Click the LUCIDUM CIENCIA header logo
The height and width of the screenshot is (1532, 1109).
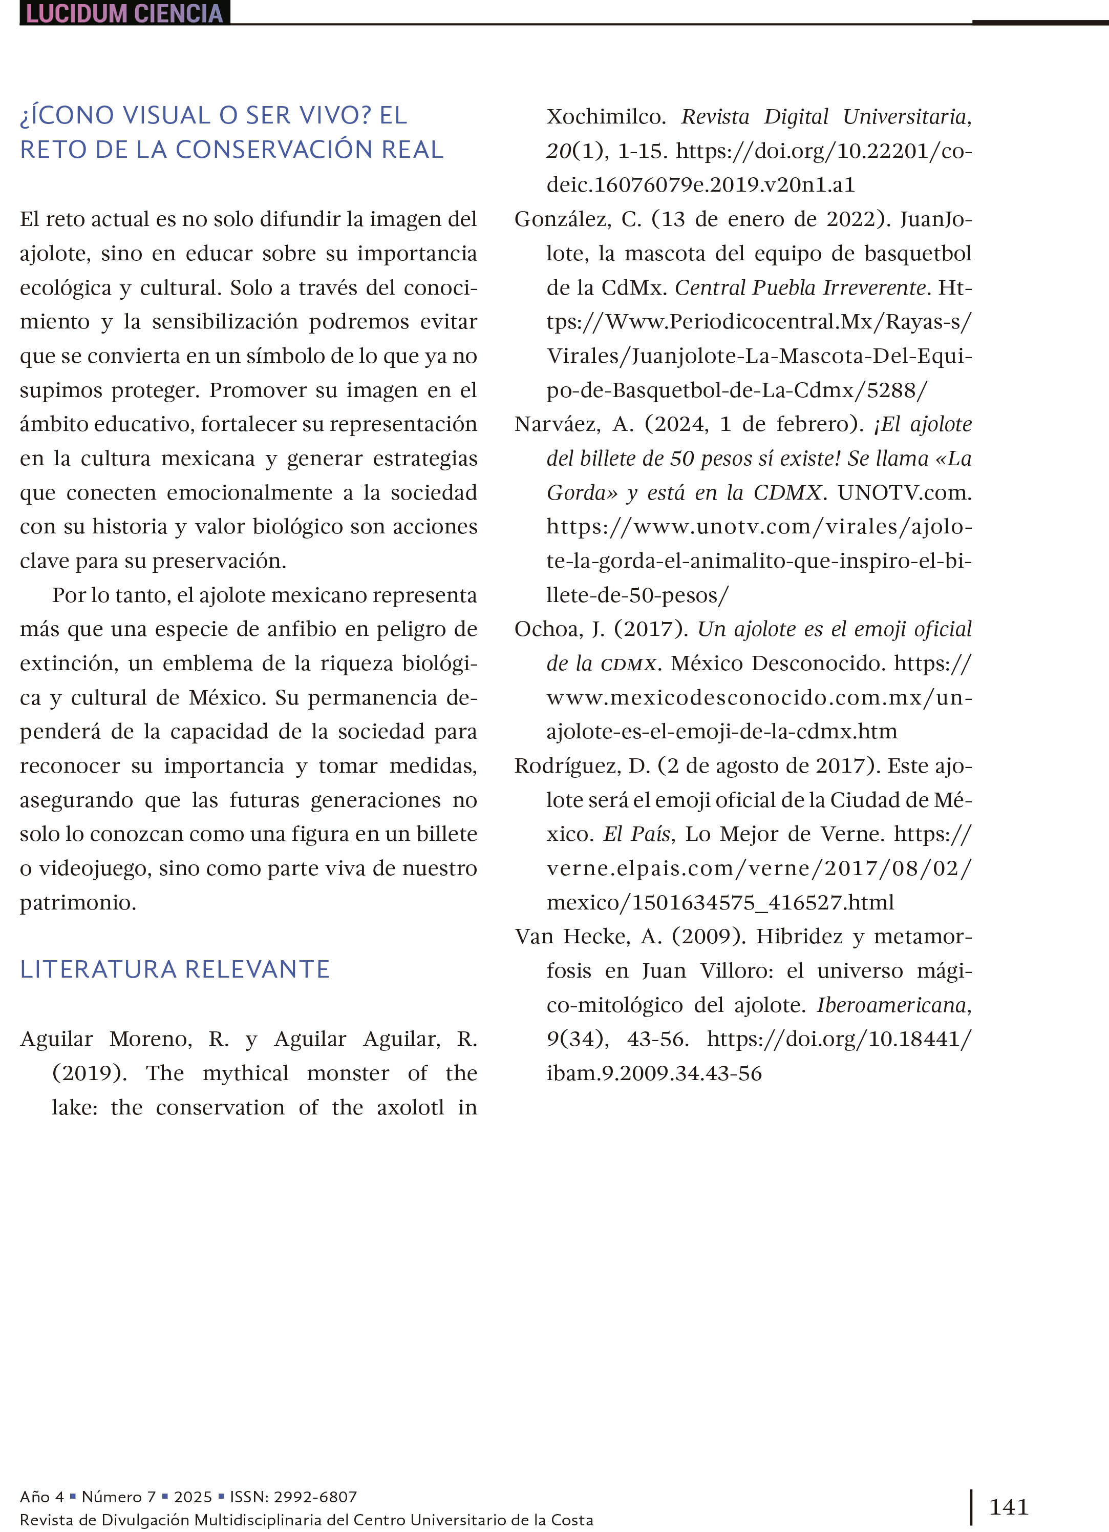(125, 13)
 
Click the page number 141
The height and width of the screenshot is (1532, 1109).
(1009, 1506)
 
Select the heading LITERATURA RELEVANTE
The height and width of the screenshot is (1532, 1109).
(175, 969)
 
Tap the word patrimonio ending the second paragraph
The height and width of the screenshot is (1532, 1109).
(78, 902)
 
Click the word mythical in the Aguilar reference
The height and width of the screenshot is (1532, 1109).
(245, 1073)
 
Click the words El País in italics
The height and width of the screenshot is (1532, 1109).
(636, 834)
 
